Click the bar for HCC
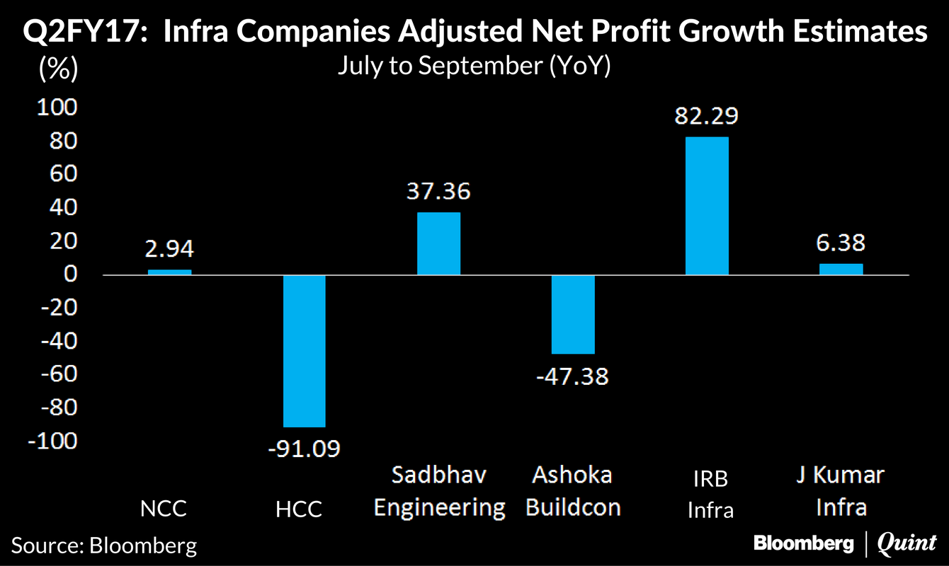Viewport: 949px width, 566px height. coord(305,351)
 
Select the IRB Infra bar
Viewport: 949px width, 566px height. coord(707,205)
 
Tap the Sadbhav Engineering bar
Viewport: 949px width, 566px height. coord(438,243)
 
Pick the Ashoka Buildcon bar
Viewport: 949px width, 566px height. coord(573,314)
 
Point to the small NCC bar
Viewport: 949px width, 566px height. coord(169,272)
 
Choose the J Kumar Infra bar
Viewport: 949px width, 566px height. coord(841,269)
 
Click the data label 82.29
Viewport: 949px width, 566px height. coord(707,115)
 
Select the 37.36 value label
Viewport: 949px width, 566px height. coord(438,191)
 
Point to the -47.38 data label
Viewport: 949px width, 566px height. coord(572,375)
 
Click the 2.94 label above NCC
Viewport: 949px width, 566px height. coord(169,249)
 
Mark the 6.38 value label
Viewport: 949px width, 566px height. coord(841,243)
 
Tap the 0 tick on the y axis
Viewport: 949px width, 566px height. coord(70,275)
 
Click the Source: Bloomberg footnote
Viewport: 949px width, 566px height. coord(104,545)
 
